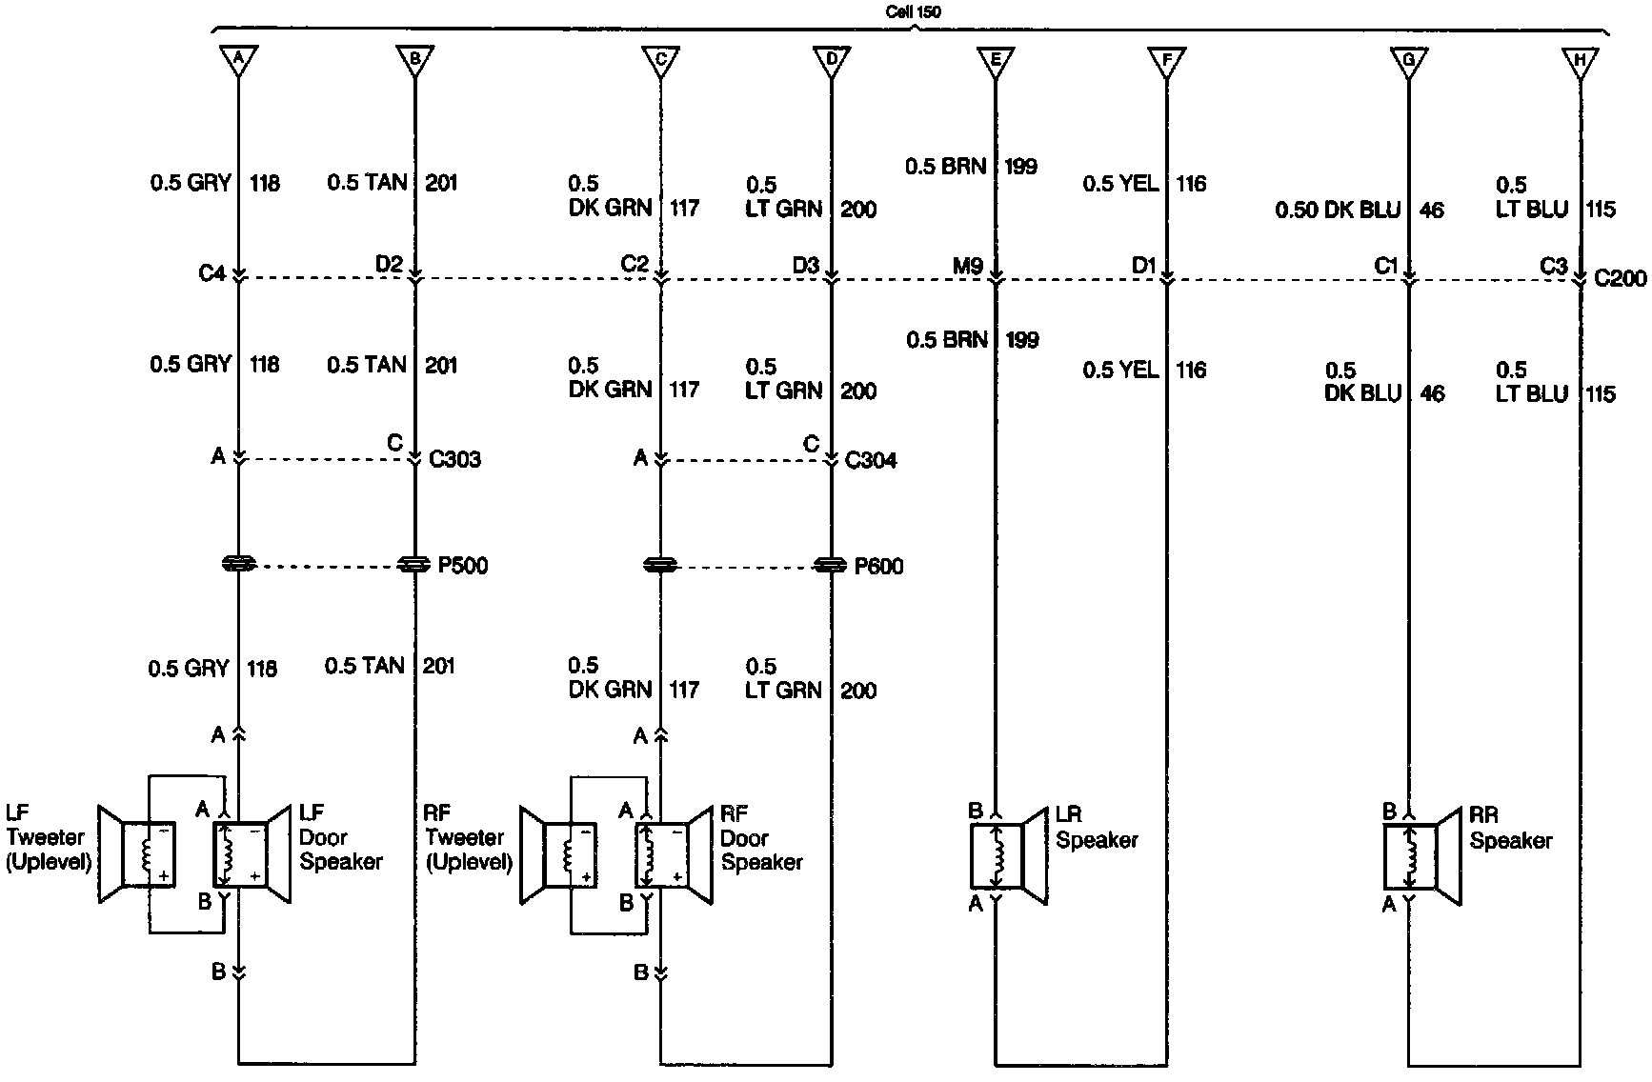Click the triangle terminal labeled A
[238, 60]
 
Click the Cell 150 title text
[912, 11]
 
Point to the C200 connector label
[1620, 278]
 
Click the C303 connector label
[455, 459]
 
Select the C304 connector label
[871, 460]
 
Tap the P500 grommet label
[463, 566]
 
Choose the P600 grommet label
[878, 567]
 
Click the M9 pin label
[967, 266]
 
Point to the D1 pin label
[1143, 266]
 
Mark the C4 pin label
[212, 273]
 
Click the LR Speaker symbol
[1010, 856]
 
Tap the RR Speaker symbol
[1423, 856]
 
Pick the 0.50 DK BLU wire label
[1338, 210]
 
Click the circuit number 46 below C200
[1432, 392]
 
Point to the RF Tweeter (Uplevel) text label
[468, 838]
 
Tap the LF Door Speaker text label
[340, 837]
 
